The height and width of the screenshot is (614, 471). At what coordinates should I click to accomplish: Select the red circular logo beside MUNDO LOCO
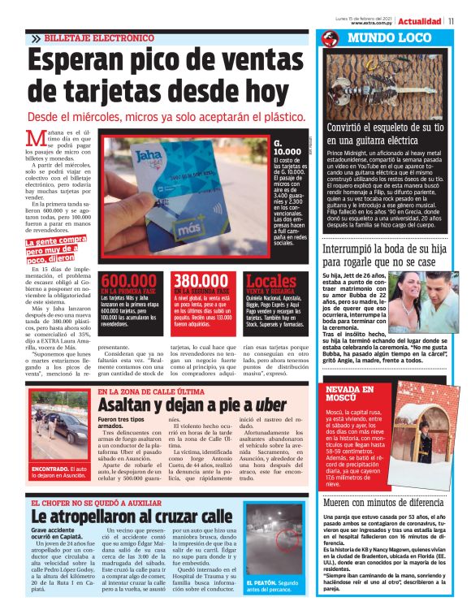[330, 39]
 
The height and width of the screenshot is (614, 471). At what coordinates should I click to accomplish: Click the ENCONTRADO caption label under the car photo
[50, 469]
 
